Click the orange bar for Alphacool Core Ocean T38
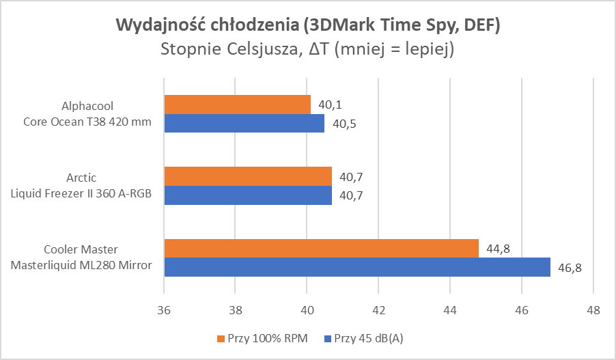point(237,105)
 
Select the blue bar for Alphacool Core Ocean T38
point(244,124)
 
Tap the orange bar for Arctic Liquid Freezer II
point(248,176)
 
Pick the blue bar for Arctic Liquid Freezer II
point(248,195)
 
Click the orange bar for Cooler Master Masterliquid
point(321,248)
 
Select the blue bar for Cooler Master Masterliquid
point(356,267)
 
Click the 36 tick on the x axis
point(164,309)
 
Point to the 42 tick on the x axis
point(378,309)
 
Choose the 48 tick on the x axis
point(593,309)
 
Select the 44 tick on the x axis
point(449,309)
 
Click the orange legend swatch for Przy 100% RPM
point(220,338)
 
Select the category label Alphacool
point(86,106)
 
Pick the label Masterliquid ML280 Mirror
point(81,266)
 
